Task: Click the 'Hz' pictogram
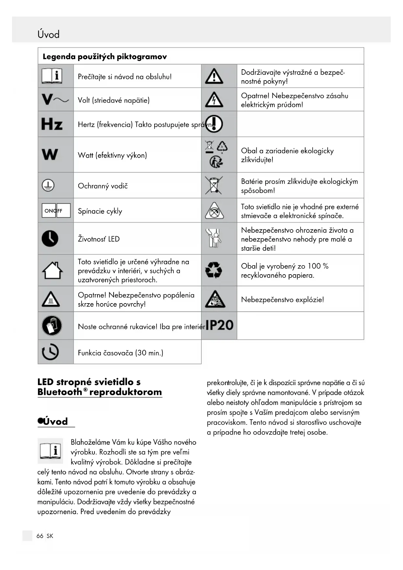pos(52,124)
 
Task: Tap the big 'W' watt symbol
pos(50,154)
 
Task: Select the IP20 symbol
pos(220,325)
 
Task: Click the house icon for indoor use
pos(52,270)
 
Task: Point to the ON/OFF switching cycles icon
pos(56,211)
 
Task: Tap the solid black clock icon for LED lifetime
pos(50,239)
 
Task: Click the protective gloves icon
pos(52,325)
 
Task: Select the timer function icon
pos(50,352)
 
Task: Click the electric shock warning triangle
pos(214,100)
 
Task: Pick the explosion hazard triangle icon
pos(215,299)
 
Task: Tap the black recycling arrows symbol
pos(213,270)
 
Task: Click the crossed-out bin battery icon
pos(214,185)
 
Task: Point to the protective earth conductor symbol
pos(48,185)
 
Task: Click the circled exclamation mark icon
pos(214,124)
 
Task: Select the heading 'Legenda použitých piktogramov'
pos(105,57)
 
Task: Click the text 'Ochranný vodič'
pos(103,186)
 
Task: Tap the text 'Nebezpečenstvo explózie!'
pos(282,300)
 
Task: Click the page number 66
pos(40,536)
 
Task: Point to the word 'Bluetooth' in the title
pos(60,392)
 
